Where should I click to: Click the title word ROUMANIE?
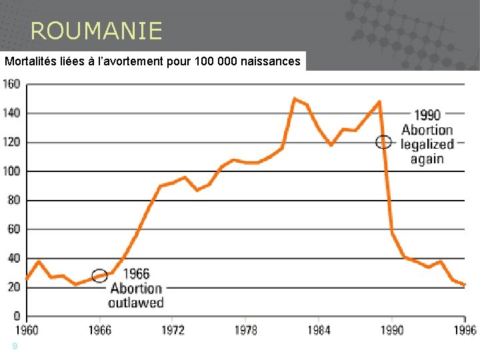[96, 31]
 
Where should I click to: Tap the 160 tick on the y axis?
[12, 84]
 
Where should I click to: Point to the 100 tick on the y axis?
[12, 171]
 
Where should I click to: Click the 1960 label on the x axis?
[27, 330]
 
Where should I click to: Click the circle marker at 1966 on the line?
[99, 275]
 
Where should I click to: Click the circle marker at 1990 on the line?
[383, 141]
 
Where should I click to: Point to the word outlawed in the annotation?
[137, 303]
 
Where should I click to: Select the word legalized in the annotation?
[427, 144]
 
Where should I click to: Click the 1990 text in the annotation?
[427, 115]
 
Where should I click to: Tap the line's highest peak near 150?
[294, 99]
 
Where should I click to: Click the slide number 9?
[14, 345]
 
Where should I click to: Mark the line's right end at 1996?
[465, 285]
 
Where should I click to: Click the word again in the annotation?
[427, 159]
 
